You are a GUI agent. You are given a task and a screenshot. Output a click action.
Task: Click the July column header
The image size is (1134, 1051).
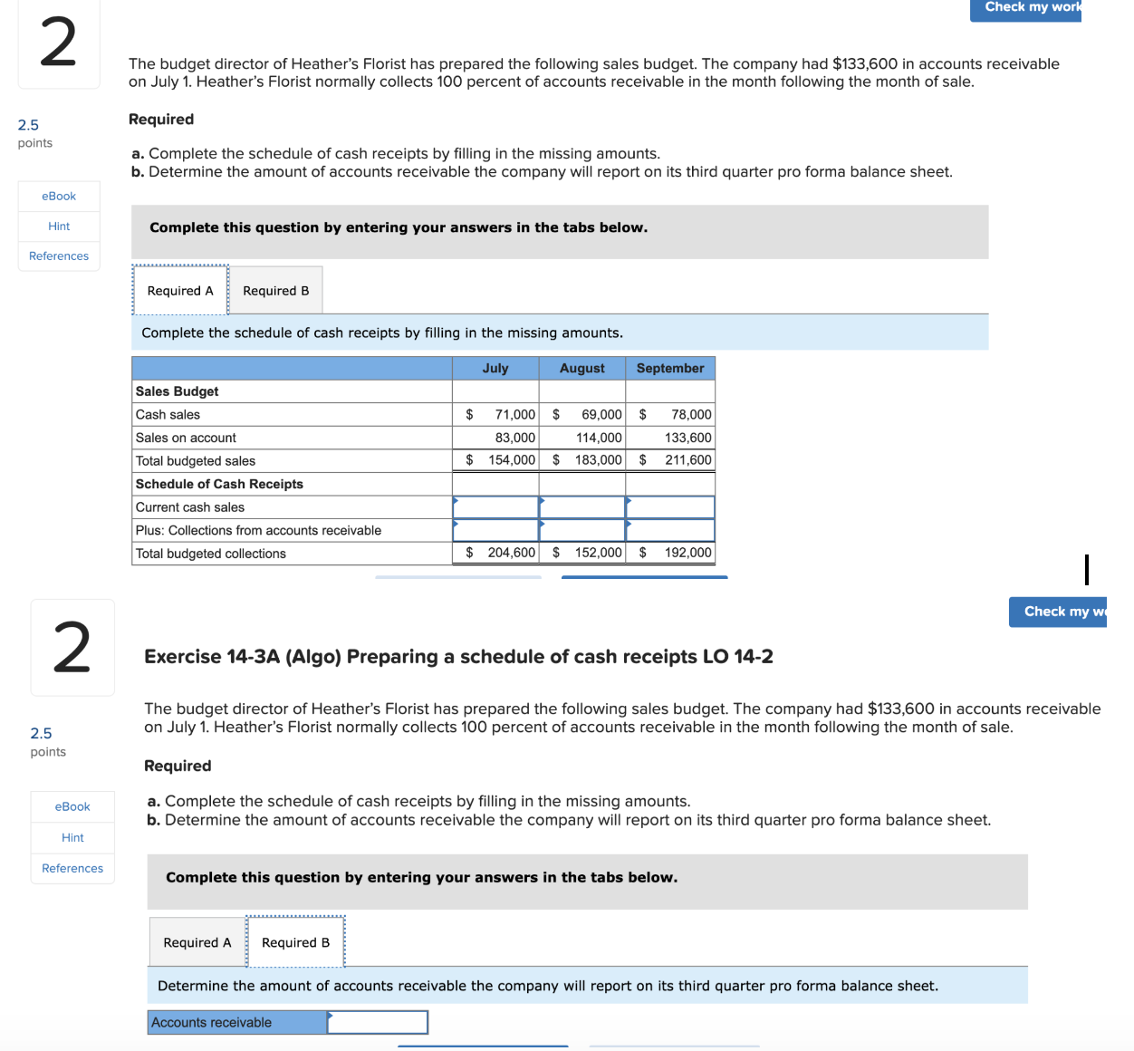[x=495, y=368]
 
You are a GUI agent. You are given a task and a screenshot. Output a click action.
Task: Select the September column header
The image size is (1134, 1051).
[x=669, y=368]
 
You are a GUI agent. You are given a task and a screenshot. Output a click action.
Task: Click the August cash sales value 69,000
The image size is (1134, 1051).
[x=601, y=414]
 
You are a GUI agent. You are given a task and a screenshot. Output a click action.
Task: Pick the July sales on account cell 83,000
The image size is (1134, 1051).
[x=514, y=438]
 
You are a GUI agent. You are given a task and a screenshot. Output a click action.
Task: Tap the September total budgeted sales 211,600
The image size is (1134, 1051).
[x=687, y=460]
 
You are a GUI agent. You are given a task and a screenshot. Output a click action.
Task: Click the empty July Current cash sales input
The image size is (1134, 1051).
[x=495, y=507]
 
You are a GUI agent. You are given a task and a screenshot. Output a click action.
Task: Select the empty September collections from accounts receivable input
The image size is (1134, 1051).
[x=670, y=530]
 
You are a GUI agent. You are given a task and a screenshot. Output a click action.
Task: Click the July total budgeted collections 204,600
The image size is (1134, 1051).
[x=511, y=553]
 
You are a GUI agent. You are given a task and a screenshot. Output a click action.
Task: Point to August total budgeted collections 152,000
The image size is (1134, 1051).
[x=598, y=553]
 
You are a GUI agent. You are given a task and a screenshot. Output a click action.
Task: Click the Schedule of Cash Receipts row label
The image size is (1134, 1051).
[x=219, y=484]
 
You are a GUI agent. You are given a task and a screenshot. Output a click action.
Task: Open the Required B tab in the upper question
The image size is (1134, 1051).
[x=275, y=291]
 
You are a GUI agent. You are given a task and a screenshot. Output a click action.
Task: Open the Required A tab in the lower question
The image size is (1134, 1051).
[x=197, y=942]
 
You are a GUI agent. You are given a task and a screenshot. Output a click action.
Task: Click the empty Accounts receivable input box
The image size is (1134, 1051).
[x=377, y=1022]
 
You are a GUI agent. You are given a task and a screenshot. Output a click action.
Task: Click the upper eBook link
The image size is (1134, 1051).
[x=59, y=197]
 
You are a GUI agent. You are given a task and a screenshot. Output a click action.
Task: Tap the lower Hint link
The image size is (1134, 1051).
[x=72, y=838]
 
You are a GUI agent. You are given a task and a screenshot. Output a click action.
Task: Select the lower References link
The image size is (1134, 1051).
[x=72, y=868]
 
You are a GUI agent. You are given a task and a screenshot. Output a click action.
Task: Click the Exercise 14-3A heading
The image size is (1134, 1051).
[x=458, y=657]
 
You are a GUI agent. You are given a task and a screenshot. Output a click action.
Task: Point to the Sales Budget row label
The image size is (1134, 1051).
[x=178, y=391]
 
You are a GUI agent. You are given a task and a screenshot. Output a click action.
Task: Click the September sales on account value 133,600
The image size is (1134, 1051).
[x=687, y=438]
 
